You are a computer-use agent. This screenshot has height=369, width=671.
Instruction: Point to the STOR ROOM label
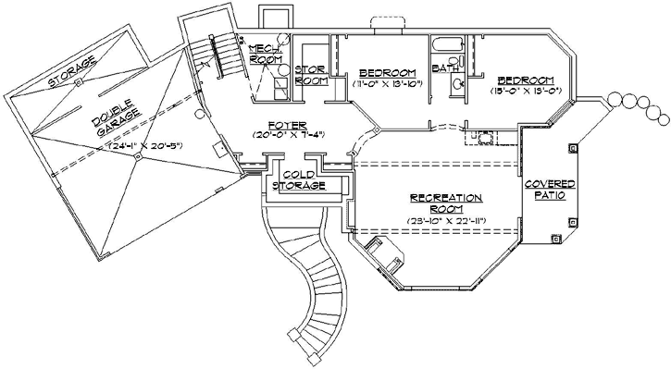[311, 75]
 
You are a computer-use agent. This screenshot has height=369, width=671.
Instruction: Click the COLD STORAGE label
[304, 179]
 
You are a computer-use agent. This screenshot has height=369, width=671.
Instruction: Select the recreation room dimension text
[447, 220]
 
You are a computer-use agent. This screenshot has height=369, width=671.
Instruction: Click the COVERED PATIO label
[551, 191]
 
